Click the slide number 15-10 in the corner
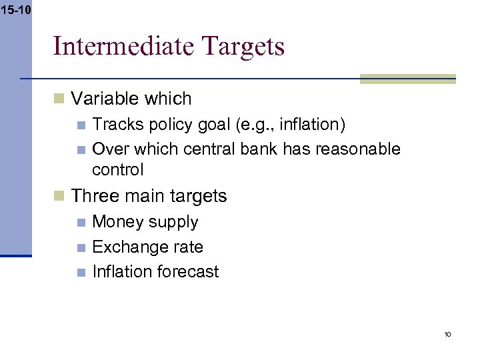tap(15, 10)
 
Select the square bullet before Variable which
tap(59, 99)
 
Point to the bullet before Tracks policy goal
tap(81, 125)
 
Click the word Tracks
tap(115, 125)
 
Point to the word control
tap(117, 169)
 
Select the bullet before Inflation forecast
tap(81, 272)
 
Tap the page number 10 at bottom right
tap(447, 334)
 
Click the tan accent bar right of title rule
tap(407, 79)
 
